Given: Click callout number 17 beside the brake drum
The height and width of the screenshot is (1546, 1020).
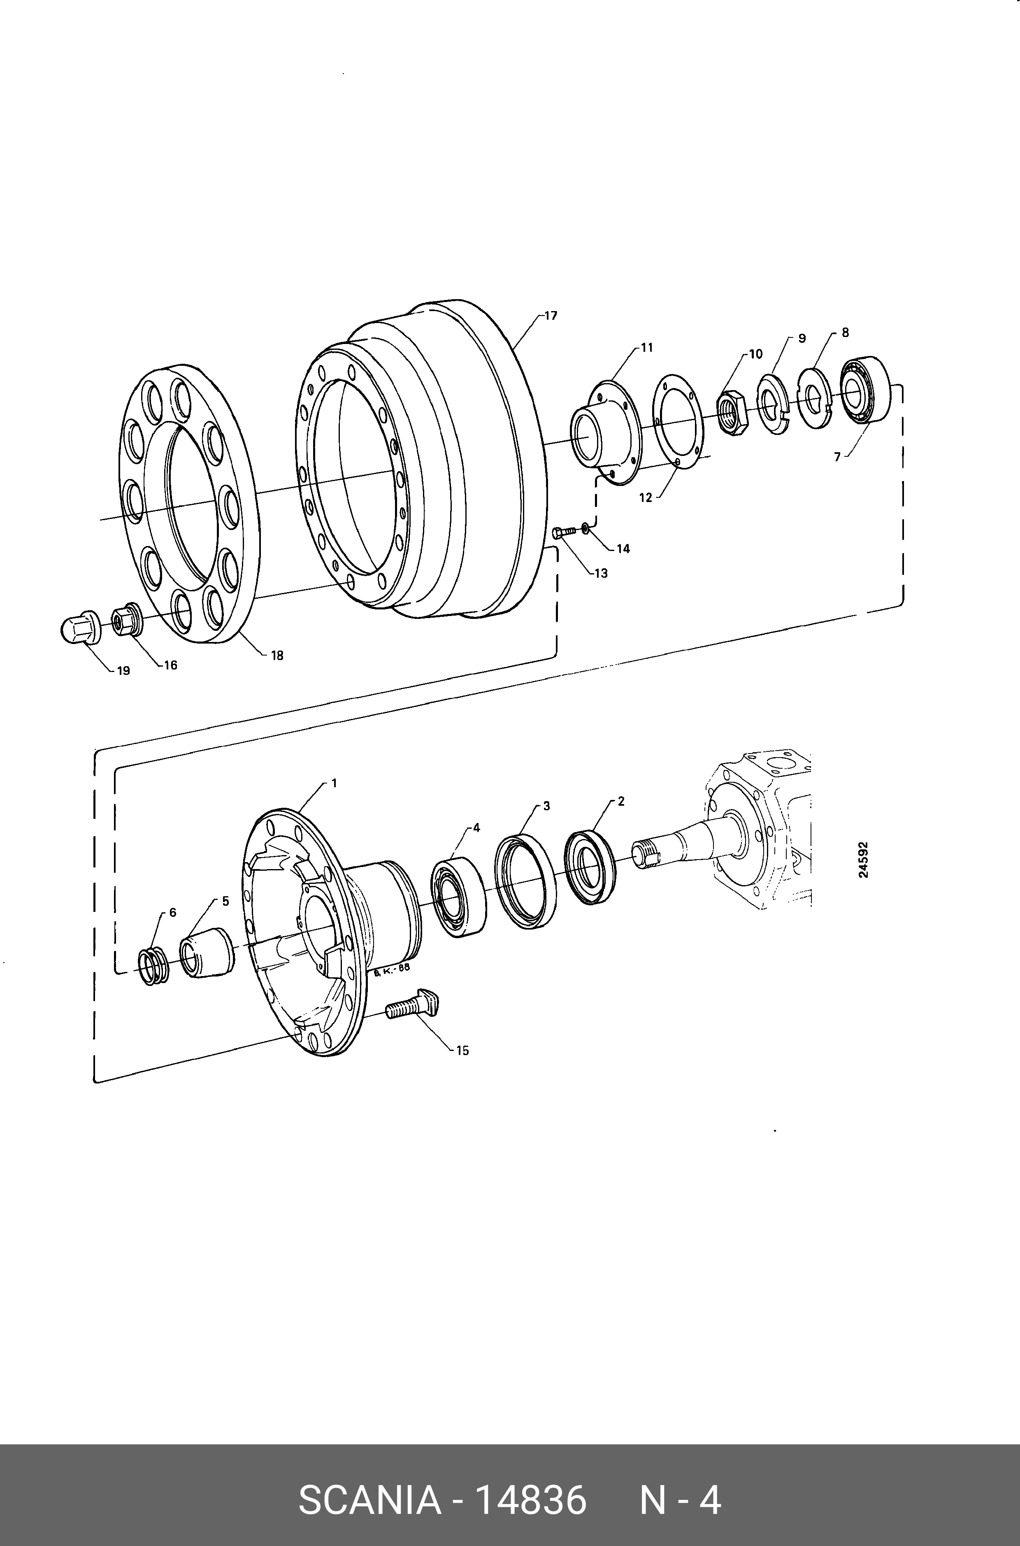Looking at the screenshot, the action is tap(551, 316).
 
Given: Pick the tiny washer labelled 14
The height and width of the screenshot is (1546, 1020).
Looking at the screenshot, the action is tap(586, 527).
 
